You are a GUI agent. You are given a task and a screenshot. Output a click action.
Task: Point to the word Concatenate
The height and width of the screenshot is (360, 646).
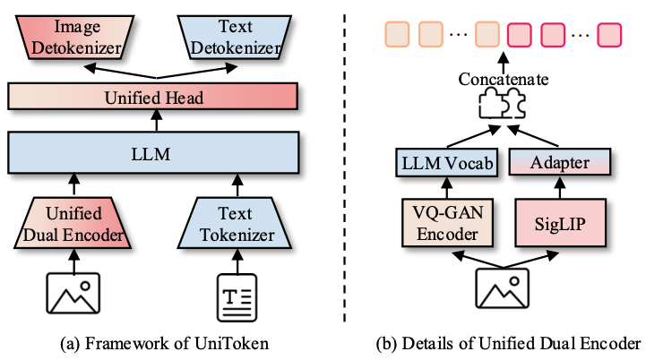click(x=503, y=80)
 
